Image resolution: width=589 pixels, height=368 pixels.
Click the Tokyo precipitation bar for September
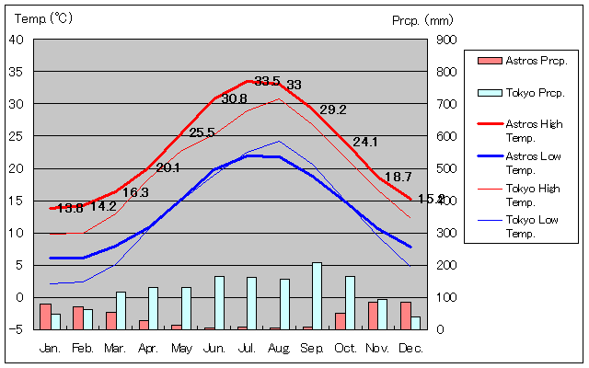tap(318, 295)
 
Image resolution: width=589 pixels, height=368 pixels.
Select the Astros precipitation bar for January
tap(45, 316)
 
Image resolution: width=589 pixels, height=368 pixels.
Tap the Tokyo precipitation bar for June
tap(219, 302)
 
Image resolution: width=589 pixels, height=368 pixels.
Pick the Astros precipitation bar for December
tap(405, 315)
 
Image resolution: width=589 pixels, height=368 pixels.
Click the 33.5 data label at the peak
tap(267, 81)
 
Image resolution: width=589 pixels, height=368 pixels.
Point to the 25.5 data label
tap(202, 132)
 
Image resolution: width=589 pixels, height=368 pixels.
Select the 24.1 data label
tap(365, 142)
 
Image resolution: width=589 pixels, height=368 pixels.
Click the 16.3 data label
tap(135, 192)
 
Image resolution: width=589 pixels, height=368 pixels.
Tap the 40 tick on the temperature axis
tap(17, 40)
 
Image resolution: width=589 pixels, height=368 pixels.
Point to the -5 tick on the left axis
tap(18, 329)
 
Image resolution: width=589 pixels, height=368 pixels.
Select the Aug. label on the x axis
tap(279, 348)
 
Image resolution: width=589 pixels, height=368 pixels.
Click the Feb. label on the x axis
tap(83, 348)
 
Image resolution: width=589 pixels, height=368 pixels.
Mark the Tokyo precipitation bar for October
tap(350, 302)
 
